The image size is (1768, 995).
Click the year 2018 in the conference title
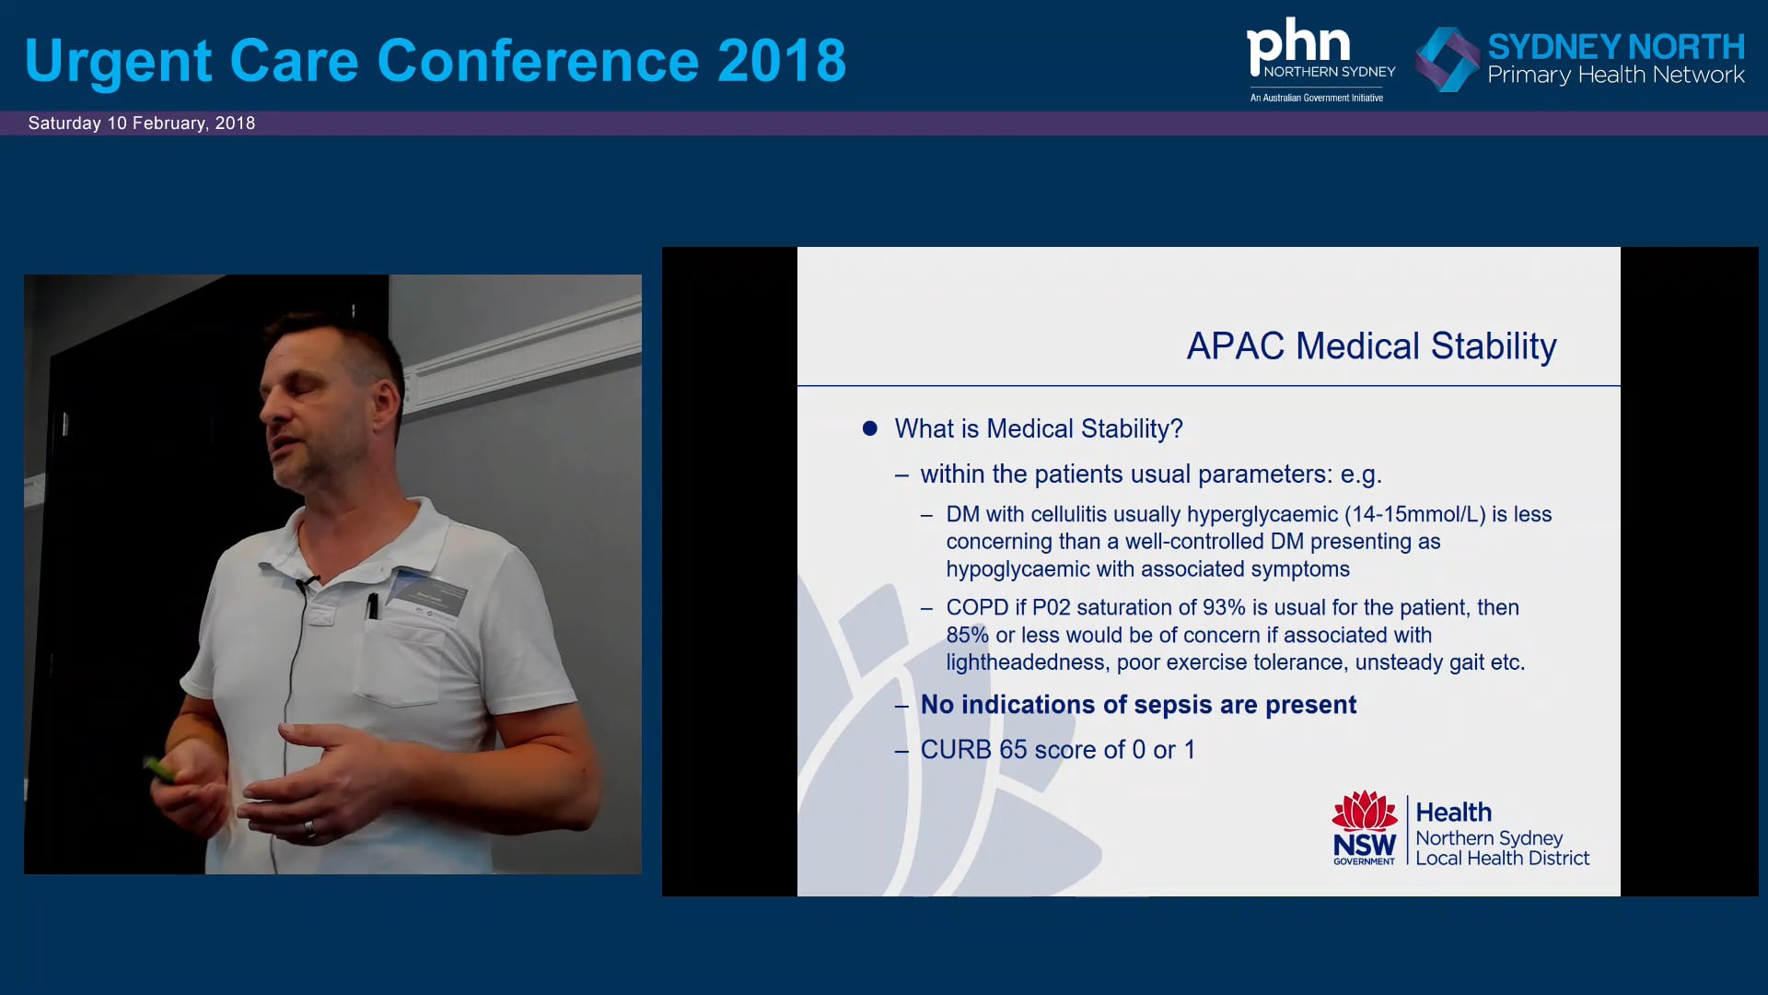point(781,61)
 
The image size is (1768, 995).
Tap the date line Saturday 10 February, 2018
point(142,123)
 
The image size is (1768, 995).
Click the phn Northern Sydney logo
point(1320,59)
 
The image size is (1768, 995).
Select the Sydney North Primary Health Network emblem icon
point(1447,59)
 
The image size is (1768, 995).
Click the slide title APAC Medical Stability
point(1371,346)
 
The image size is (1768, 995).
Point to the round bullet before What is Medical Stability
point(870,428)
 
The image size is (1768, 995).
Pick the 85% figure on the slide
point(968,636)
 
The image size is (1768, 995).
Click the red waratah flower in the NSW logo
point(1365,811)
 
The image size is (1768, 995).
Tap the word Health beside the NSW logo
point(1453,813)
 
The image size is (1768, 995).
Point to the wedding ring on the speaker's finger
point(310,828)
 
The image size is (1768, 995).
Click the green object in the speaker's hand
point(160,769)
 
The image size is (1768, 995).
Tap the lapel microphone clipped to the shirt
point(305,583)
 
